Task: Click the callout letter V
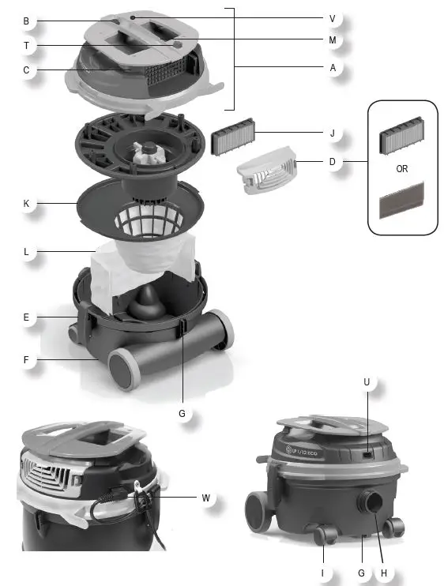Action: tap(332, 18)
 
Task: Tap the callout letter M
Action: tap(332, 39)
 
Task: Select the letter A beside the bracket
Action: tap(332, 69)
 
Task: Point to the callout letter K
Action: tap(26, 204)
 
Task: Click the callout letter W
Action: tap(205, 498)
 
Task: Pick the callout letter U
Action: tap(366, 383)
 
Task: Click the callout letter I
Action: tap(323, 572)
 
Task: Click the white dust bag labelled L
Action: tap(142, 269)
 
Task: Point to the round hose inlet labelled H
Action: tap(371, 504)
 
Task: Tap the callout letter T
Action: tap(26, 46)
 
